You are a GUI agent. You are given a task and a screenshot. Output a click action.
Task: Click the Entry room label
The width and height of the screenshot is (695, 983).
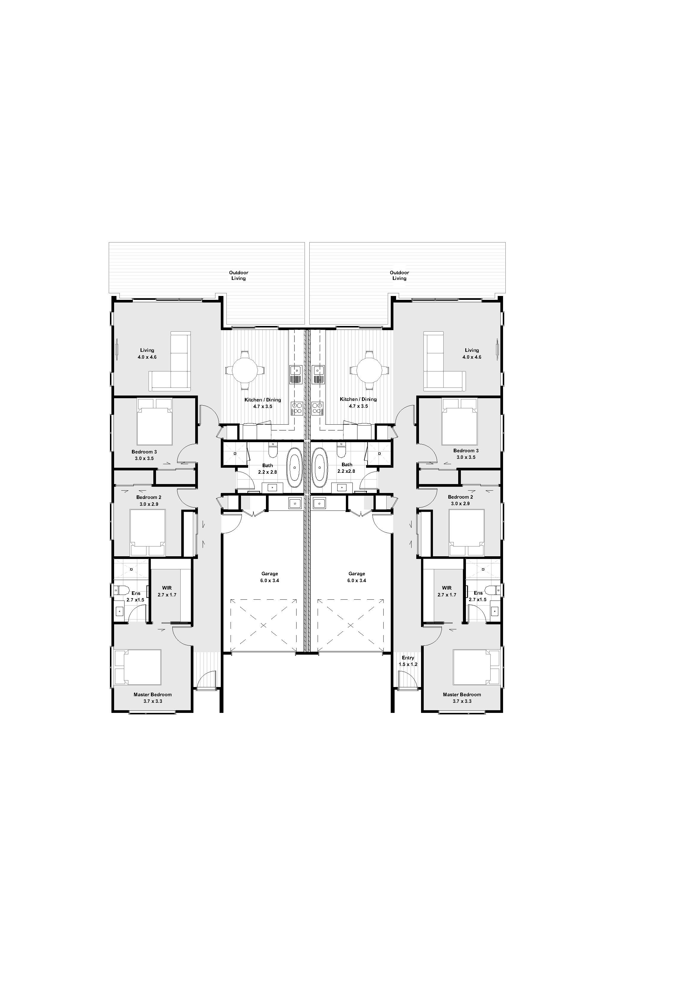pyautogui.click(x=408, y=658)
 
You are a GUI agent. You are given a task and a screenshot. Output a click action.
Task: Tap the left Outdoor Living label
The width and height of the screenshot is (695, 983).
pyautogui.click(x=239, y=275)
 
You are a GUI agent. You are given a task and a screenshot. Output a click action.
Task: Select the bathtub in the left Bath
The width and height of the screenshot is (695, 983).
pyautogui.click(x=294, y=467)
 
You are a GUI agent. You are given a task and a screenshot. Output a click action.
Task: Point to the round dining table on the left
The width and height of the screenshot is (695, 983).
pyautogui.click(x=245, y=370)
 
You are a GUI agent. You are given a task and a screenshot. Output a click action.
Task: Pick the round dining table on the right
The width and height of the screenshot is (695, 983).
pyautogui.click(x=369, y=370)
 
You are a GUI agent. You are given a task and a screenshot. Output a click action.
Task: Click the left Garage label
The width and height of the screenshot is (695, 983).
pyautogui.click(x=270, y=574)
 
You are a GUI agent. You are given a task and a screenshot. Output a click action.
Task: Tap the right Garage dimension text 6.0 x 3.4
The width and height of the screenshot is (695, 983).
pyautogui.click(x=357, y=581)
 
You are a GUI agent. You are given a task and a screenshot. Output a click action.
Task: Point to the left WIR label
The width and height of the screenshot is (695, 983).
pyautogui.click(x=167, y=588)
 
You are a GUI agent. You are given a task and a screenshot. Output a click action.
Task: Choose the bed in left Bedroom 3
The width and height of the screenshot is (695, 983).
pyautogui.click(x=155, y=422)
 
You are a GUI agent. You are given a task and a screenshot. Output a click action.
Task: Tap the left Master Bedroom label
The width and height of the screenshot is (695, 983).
pyautogui.click(x=152, y=694)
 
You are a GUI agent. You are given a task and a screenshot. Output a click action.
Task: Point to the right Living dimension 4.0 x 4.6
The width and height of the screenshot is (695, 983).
pyautogui.click(x=472, y=357)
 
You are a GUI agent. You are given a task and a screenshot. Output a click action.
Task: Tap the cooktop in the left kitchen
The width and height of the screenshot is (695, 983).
pyautogui.click(x=296, y=408)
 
